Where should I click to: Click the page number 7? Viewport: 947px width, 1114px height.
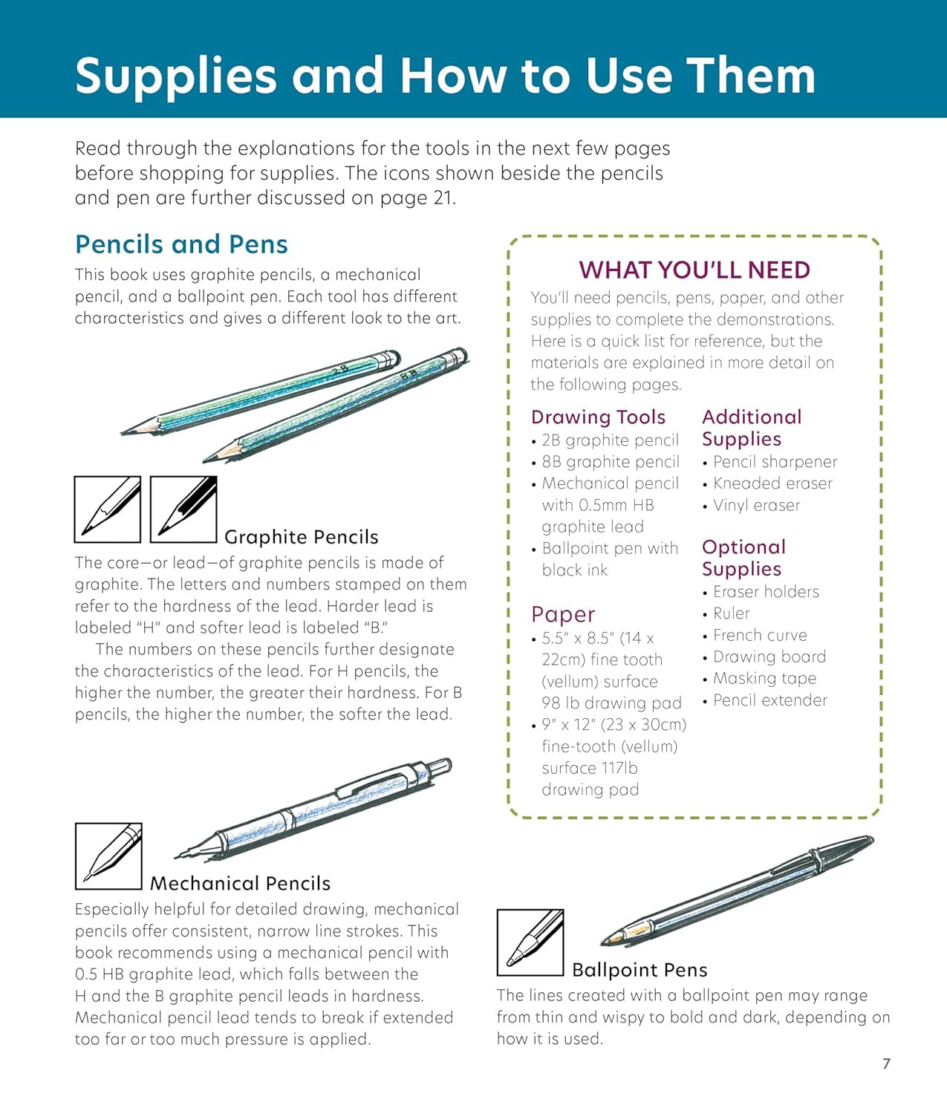[x=886, y=1063]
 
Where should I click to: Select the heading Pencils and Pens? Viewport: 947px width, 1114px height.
[x=181, y=244]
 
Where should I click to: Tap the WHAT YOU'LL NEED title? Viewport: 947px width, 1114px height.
[x=694, y=270]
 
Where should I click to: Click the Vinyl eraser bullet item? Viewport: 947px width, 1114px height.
[x=752, y=505]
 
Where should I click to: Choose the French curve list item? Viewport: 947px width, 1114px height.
[x=755, y=635]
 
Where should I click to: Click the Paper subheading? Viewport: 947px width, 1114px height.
[x=563, y=614]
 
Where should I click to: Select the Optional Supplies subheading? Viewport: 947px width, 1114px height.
[x=743, y=558]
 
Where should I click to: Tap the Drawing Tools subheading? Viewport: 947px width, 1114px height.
[x=598, y=417]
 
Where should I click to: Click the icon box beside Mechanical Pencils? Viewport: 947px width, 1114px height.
[x=108, y=856]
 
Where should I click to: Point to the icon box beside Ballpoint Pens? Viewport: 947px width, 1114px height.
[x=530, y=942]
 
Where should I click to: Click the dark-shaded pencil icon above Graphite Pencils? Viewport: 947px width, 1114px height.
[x=183, y=509]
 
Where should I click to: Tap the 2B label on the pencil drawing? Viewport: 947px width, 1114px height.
[x=340, y=371]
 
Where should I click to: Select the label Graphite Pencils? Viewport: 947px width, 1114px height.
[x=302, y=537]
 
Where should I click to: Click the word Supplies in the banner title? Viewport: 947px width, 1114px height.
[x=176, y=77]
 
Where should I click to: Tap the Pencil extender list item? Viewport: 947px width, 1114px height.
[x=765, y=700]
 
